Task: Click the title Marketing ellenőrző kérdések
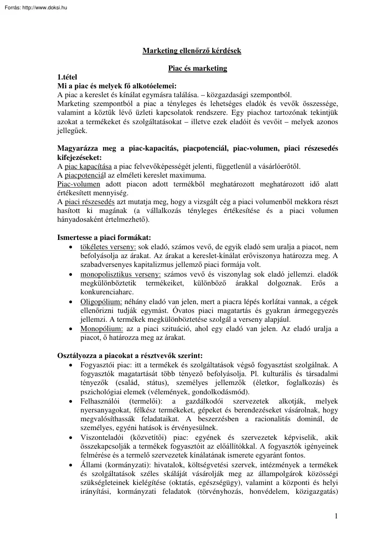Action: pos(191,50)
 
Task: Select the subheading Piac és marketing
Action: pos(197,68)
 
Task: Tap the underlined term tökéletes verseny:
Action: pos(108,247)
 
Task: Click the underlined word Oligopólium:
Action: pos(101,302)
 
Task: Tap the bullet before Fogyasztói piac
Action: pos(70,365)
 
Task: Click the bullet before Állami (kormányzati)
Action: pos(70,465)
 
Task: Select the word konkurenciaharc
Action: pos(106,292)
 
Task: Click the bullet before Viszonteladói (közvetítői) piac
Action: pos(70,438)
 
